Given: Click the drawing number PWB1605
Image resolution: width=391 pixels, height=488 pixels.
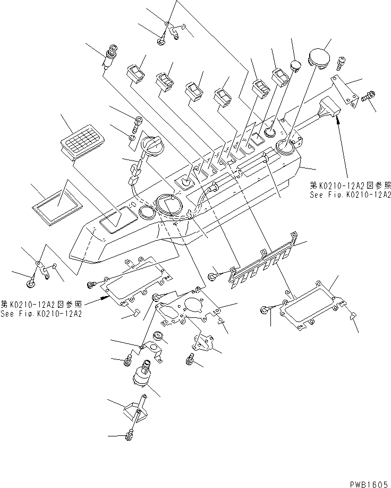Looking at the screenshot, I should coord(369,483).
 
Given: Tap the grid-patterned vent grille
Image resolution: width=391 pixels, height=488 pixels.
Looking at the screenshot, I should coord(83,141).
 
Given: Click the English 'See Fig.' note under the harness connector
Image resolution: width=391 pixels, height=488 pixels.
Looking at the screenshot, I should coord(350,195).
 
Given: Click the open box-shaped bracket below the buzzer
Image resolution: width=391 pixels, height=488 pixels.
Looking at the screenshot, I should coord(132,414).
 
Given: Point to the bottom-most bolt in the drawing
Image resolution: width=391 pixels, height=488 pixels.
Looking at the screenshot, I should coord(128,436).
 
